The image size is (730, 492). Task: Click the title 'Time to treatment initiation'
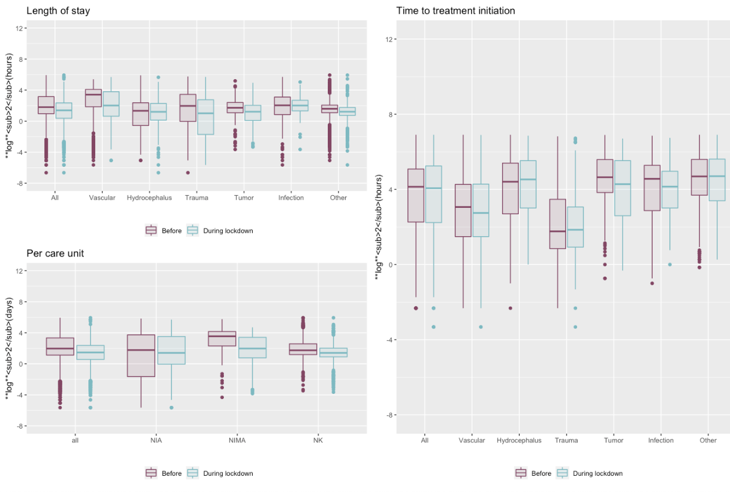click(455, 11)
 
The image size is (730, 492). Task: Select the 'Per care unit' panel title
click(55, 254)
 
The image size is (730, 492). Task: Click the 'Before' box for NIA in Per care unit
click(141, 356)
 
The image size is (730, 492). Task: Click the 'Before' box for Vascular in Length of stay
click(93, 98)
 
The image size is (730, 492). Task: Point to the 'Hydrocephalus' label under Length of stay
click(149, 198)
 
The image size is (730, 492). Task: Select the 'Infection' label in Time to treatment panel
click(661, 441)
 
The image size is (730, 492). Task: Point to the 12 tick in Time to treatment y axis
click(386, 39)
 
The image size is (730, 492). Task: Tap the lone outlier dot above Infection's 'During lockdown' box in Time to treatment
click(670, 264)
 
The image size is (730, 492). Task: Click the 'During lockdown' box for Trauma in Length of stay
click(205, 117)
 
